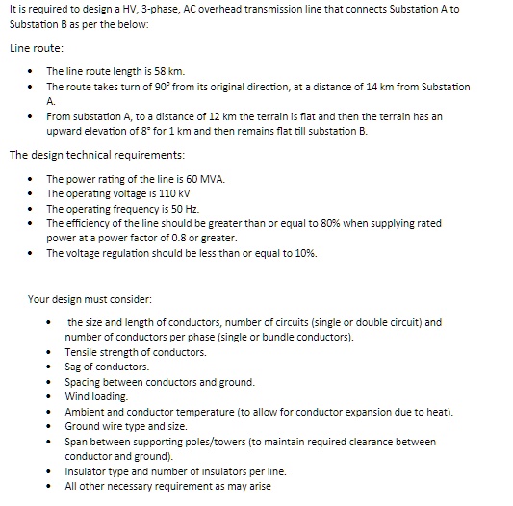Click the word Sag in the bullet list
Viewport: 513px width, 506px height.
[74, 367]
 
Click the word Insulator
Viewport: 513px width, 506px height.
[87, 471]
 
